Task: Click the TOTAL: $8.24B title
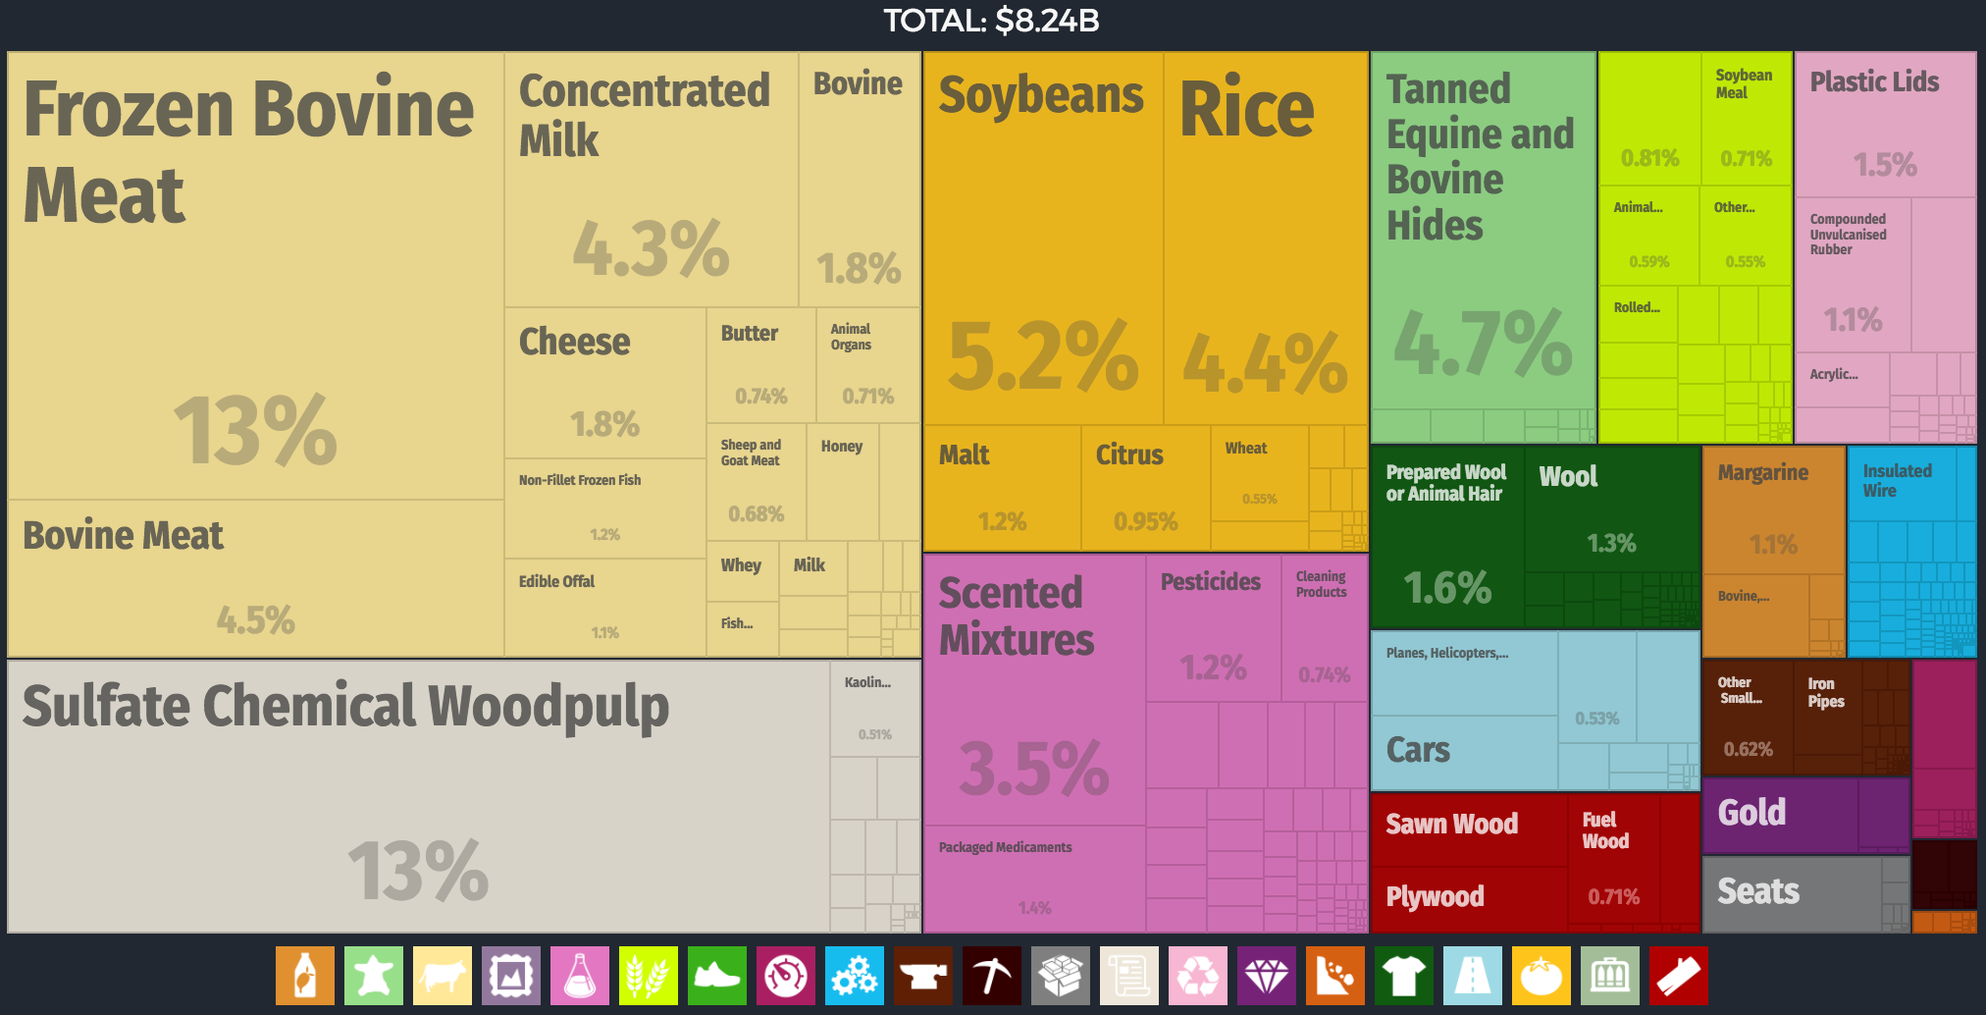[991, 21]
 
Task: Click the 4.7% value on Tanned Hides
[1483, 343]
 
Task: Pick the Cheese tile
[604, 383]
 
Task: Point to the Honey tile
[842, 481]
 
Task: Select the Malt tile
[1001, 487]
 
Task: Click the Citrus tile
[1144, 487]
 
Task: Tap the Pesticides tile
[1213, 628]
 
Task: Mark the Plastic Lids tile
[1884, 124]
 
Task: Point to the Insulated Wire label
[1897, 481]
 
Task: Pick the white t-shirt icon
[1403, 976]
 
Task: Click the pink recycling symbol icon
[1197, 976]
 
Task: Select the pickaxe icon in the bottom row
[991, 976]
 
